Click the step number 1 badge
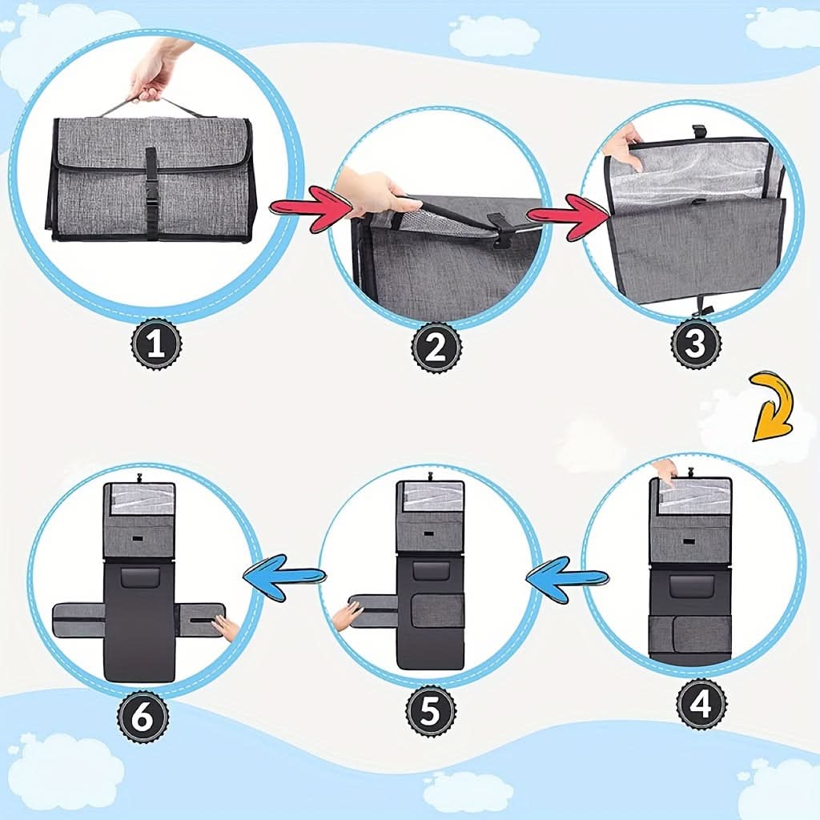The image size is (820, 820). click(156, 344)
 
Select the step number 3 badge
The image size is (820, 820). click(696, 344)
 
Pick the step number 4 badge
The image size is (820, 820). click(701, 703)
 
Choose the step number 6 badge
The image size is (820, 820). click(143, 716)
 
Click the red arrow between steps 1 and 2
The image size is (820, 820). click(311, 210)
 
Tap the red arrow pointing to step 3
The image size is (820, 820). click(569, 216)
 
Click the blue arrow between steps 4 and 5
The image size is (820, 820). click(568, 578)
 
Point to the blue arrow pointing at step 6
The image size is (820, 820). click(284, 577)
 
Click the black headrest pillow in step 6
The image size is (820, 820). click(139, 577)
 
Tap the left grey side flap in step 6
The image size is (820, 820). click(79, 620)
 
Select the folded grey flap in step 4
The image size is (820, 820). click(689, 635)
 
